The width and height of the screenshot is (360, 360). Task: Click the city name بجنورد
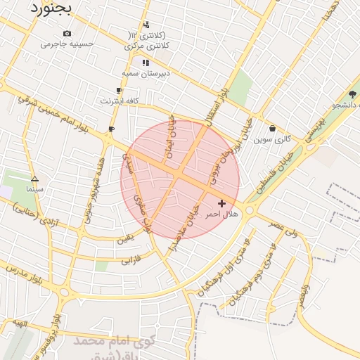coord(51,8)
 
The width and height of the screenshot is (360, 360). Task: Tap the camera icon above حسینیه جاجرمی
coord(67,33)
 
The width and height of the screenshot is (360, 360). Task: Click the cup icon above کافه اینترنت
coord(119,91)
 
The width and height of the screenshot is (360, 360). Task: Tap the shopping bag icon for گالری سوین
coord(272,129)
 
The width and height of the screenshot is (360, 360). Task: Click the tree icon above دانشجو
coord(352,94)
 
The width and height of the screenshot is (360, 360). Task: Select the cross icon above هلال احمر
coord(222,203)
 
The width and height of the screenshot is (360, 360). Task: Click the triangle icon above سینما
coord(34,179)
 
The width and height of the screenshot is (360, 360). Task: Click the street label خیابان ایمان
coord(169,134)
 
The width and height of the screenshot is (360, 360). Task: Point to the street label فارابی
coord(131,261)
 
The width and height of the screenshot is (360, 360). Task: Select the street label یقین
coord(124,238)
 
